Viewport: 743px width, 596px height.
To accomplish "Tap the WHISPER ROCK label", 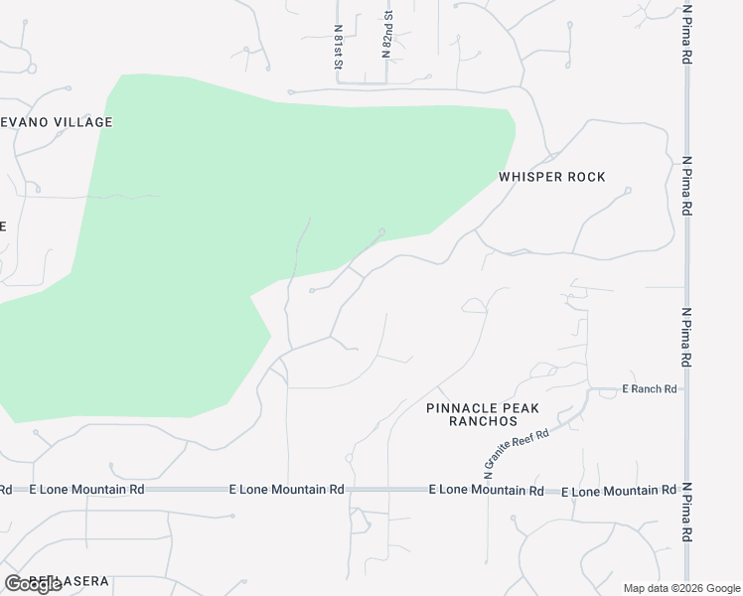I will (x=551, y=177).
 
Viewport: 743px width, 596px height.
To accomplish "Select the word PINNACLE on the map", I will (x=462, y=408).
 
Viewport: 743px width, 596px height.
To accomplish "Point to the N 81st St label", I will (x=339, y=46).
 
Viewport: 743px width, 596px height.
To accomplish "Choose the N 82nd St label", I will (x=386, y=34).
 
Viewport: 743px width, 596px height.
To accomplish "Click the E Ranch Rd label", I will (x=650, y=389).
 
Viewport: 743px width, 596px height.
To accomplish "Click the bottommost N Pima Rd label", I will (x=686, y=513).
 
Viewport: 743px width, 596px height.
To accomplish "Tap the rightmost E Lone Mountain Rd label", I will (x=619, y=492).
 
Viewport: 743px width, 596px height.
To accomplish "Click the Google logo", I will (x=34, y=584).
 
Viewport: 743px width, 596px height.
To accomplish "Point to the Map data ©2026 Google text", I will (x=680, y=588).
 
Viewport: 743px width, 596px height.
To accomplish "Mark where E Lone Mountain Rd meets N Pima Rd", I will (x=686, y=491).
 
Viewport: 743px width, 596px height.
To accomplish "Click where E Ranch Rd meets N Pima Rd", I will (x=686, y=389).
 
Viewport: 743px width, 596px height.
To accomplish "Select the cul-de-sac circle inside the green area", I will (x=381, y=232).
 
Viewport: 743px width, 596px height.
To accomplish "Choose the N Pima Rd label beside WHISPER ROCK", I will (x=685, y=186).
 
